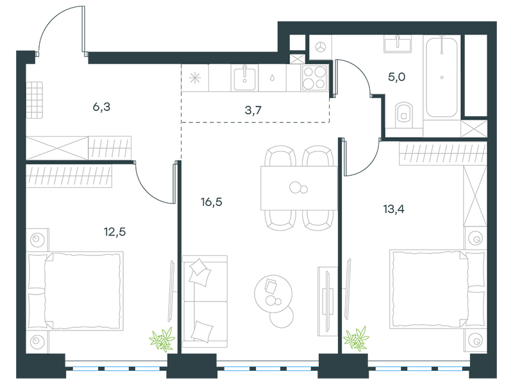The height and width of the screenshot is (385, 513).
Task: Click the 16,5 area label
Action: [x=212, y=202]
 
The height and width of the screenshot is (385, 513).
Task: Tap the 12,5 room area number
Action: [x=115, y=232]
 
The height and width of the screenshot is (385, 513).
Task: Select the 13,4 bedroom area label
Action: [x=394, y=209]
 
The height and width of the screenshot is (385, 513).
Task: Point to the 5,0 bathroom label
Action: [x=396, y=77]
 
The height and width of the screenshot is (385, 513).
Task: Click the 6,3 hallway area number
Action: [x=101, y=107]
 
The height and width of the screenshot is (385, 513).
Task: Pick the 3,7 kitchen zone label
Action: [x=253, y=110]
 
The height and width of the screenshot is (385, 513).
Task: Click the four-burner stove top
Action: [x=314, y=78]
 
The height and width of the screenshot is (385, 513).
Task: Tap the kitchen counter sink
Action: [x=244, y=78]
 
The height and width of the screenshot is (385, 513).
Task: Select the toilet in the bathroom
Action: [x=404, y=115]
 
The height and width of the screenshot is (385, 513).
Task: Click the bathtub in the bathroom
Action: [x=442, y=77]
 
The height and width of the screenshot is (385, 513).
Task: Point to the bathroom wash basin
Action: [x=398, y=44]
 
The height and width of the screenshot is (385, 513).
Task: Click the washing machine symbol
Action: [x=321, y=47]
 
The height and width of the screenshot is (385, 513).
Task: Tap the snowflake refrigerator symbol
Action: [x=195, y=78]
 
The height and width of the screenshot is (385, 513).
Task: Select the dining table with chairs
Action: [x=298, y=188]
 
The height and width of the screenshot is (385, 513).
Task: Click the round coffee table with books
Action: [x=273, y=293]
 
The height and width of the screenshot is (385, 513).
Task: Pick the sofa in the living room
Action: [x=205, y=302]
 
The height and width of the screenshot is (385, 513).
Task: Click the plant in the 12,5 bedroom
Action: [x=162, y=339]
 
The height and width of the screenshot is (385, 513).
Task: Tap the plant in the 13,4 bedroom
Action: [x=356, y=339]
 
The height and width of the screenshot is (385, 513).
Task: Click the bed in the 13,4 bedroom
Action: [x=437, y=289]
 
